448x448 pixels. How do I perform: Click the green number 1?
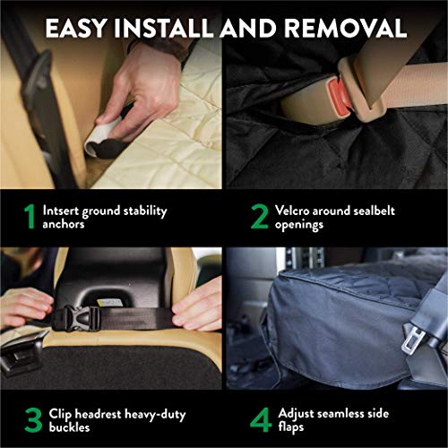(x=29, y=217)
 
